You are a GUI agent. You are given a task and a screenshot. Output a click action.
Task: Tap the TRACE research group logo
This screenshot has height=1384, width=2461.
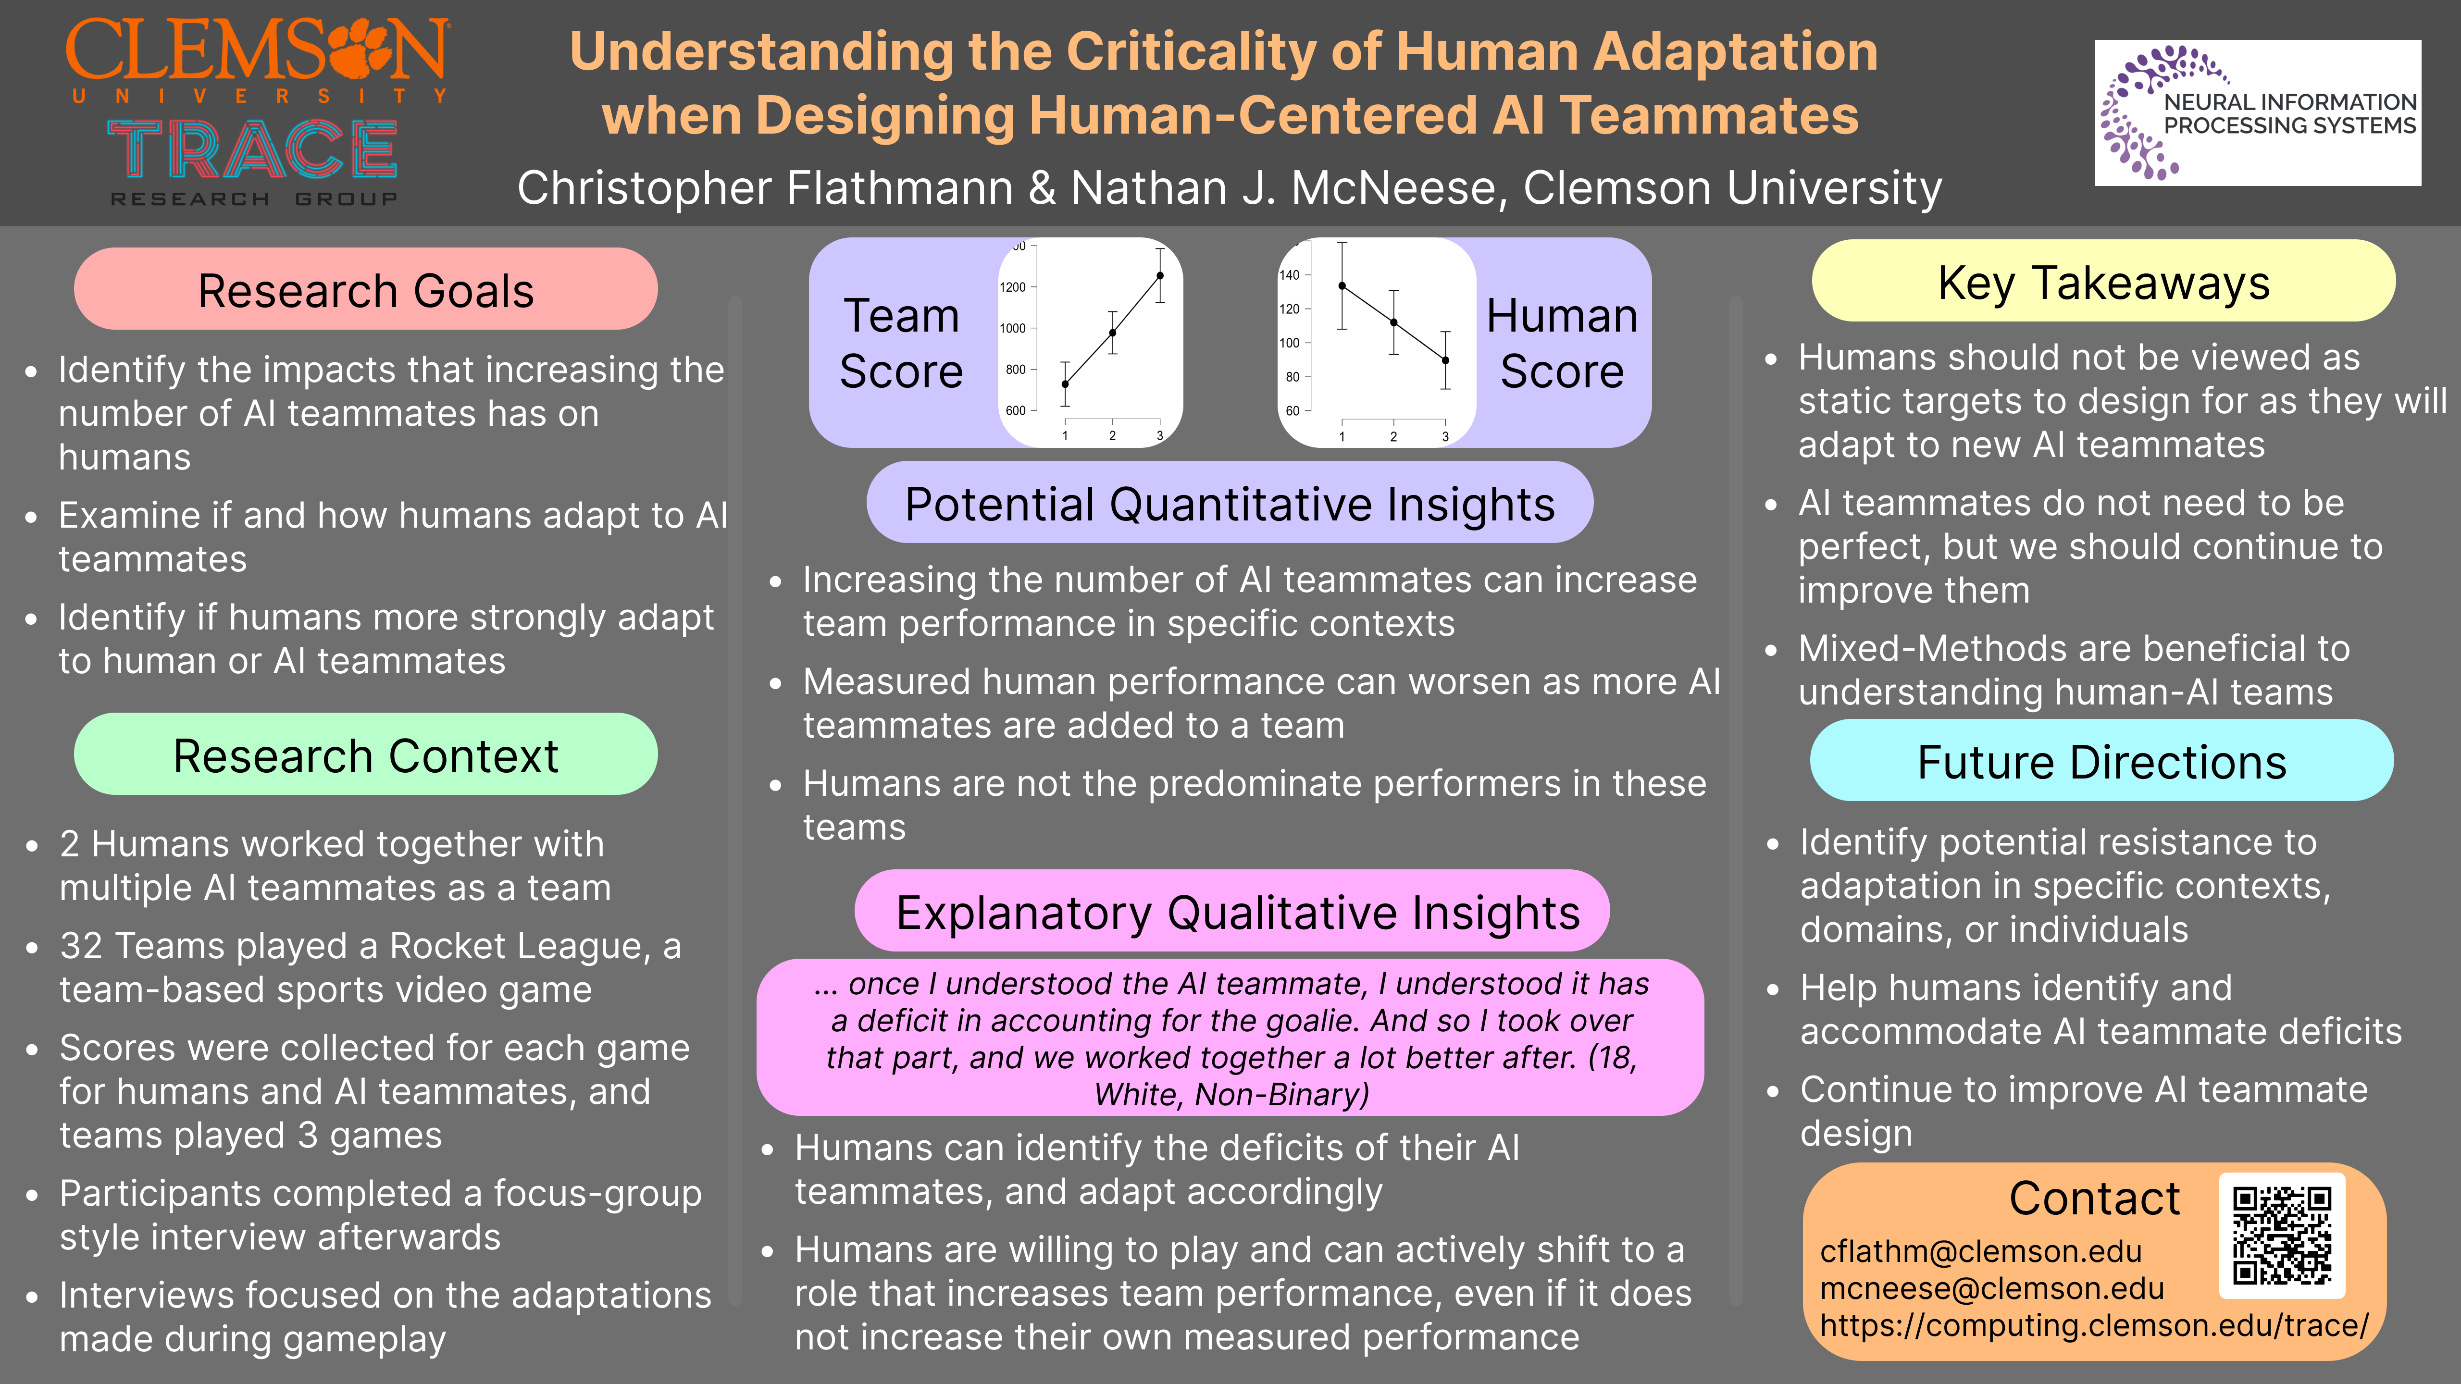253,162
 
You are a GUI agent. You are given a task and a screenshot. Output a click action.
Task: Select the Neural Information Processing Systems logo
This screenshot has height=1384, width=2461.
2258,113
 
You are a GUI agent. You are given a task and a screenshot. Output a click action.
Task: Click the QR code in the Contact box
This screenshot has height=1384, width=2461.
2281,1235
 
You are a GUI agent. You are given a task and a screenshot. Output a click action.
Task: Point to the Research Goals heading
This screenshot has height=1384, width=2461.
366,290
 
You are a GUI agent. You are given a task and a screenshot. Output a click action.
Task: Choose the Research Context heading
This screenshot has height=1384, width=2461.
366,756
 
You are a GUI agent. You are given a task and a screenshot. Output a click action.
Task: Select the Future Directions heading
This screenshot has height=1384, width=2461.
2102,762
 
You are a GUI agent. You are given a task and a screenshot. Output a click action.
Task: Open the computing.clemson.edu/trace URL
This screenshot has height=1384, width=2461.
2094,1326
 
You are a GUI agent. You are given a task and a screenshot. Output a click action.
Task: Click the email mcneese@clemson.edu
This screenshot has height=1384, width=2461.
1992,1288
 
